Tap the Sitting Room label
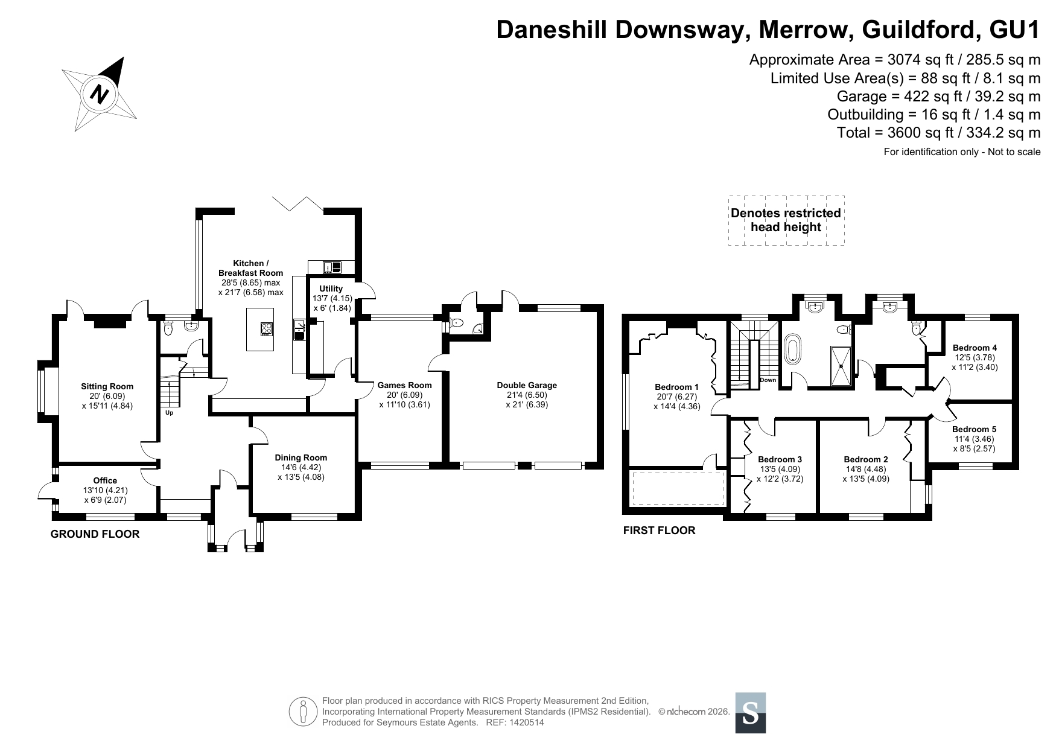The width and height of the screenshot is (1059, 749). click(107, 386)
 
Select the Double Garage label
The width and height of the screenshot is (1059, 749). click(527, 385)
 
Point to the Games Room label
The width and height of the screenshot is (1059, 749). click(404, 385)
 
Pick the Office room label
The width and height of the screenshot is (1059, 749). click(105, 480)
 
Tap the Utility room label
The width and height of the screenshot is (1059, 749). click(331, 288)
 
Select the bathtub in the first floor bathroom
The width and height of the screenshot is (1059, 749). click(792, 351)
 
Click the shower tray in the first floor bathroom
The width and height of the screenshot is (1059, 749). click(841, 366)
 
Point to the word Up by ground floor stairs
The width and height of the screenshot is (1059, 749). click(170, 413)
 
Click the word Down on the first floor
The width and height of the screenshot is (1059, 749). click(768, 380)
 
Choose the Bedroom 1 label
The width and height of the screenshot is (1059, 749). click(676, 387)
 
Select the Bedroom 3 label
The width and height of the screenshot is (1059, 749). click(780, 459)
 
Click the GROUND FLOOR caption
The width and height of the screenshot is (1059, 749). click(95, 534)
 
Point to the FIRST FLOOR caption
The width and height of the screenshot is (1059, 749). click(659, 531)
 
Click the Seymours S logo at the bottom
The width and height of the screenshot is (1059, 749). click(751, 713)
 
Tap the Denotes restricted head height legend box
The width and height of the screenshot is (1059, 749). click(786, 220)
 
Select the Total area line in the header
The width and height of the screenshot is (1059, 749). click(939, 133)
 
